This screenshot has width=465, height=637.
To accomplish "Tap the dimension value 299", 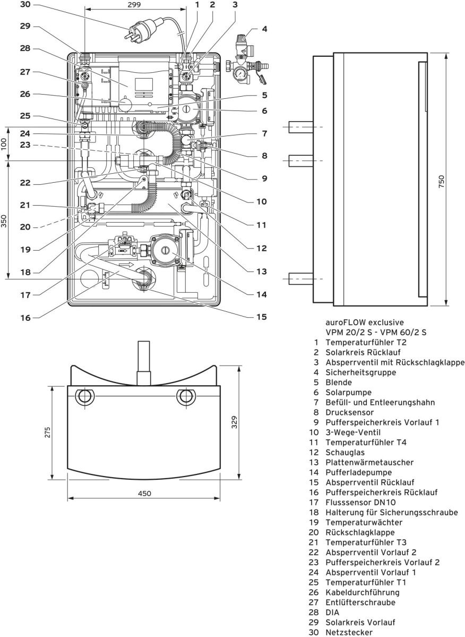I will click(x=135, y=5).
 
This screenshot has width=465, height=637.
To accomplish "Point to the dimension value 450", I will click(x=144, y=494).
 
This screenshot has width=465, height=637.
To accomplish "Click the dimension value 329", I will click(x=234, y=422).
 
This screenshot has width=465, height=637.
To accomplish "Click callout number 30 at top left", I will click(x=26, y=5).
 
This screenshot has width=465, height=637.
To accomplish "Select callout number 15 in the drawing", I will click(x=260, y=317).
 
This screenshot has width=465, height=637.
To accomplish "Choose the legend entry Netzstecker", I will click(x=349, y=632).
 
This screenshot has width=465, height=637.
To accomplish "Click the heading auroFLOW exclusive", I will click(x=364, y=322).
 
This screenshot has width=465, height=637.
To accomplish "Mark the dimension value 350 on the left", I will click(x=5, y=220).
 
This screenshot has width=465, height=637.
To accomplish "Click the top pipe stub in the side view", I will click(x=300, y=128).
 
